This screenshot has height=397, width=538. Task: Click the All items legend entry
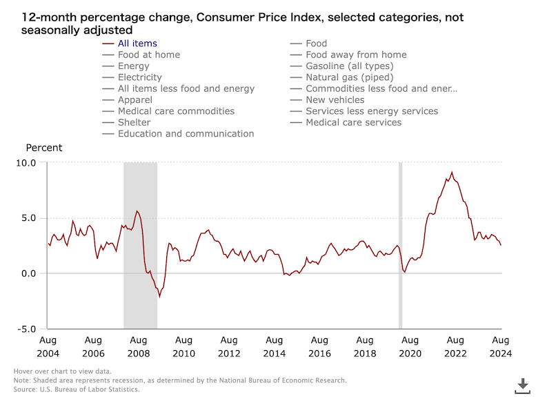tap(137, 43)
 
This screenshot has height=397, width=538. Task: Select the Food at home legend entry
tap(148, 55)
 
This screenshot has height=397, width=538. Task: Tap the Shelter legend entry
tap(134, 122)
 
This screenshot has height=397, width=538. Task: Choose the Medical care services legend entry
tap(353, 122)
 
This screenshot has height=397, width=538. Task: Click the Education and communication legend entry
tap(186, 133)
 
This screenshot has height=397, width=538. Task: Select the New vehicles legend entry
tap(335, 99)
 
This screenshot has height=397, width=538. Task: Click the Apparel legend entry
tap(135, 99)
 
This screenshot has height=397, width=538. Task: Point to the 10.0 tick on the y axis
tap(26, 162)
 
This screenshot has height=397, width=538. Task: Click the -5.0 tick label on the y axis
tap(26, 329)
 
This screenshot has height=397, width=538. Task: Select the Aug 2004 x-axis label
tap(48, 346)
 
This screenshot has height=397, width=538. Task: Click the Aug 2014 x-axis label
tap(275, 346)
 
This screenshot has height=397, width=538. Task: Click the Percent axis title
tap(44, 148)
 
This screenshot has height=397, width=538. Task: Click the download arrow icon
tap(523, 384)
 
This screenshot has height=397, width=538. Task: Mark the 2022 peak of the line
tap(452, 173)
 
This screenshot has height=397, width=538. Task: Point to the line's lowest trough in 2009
tap(159, 297)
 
